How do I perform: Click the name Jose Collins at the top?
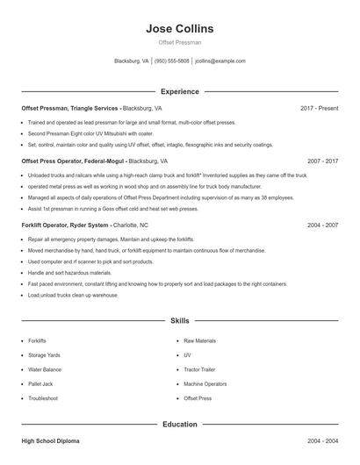tap(180, 29)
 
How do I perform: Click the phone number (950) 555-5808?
tap(172, 61)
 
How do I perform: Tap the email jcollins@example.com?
tap(220, 61)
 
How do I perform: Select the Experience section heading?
tap(180, 91)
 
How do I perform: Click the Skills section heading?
tap(180, 321)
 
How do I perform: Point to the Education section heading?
tap(180, 425)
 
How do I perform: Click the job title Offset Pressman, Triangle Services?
tap(70, 108)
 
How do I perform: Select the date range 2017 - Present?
tap(319, 108)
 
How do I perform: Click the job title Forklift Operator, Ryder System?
tap(66, 225)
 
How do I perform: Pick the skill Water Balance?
tap(45, 369)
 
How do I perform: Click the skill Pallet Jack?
tap(40, 383)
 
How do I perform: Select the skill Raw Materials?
tap(199, 340)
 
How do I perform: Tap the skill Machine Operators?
tap(205, 383)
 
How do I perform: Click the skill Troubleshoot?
tap(43, 398)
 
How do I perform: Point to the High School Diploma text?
tap(50, 440)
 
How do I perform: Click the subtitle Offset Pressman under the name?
tap(180, 42)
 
